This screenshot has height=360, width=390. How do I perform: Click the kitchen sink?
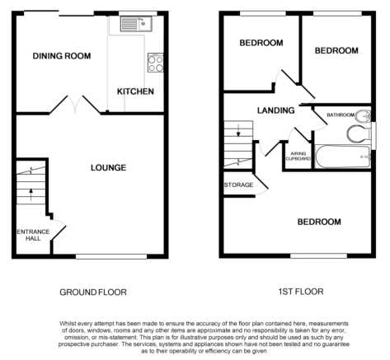pos(136,24)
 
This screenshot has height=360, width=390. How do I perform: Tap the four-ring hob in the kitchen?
pos(156,63)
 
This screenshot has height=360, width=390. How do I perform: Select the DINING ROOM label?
pos(62,56)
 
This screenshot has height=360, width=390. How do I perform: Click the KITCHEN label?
pos(135,91)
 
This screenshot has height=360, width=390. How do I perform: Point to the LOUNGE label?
pos(109,167)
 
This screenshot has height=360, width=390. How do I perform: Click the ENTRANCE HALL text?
pos(33,235)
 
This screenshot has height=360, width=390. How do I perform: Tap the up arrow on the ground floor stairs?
pos(31,194)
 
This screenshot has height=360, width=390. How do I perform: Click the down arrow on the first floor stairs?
pos(238,130)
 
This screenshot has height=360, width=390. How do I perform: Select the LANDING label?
pos(276,110)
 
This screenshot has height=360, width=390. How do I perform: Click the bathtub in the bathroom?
pos(343,157)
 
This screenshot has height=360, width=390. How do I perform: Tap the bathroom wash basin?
pos(363,116)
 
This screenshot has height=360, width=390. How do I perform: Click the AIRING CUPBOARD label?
pos(298,157)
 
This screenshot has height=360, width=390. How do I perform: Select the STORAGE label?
pos(238,185)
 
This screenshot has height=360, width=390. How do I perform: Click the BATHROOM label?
pos(341,115)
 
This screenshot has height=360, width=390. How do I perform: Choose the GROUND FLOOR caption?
pos(93,292)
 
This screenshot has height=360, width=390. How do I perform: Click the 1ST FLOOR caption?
pos(301,292)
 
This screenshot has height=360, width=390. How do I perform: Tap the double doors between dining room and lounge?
pos(75,104)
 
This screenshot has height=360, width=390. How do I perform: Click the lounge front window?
pos(111,256)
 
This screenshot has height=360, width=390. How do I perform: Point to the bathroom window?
pos(374,136)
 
